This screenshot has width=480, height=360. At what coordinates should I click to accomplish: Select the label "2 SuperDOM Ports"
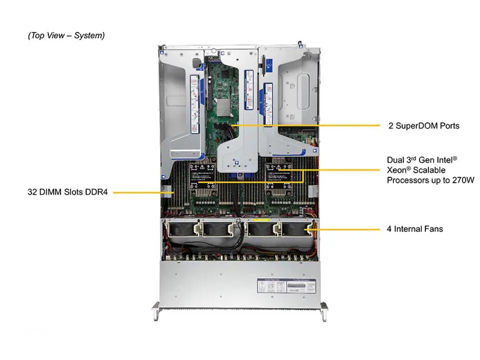(x=424, y=125)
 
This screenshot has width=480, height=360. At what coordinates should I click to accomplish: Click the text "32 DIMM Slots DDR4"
(x=68, y=191)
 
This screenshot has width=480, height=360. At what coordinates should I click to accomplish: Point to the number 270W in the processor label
(x=461, y=180)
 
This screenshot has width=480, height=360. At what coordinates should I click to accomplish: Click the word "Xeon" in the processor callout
(x=397, y=170)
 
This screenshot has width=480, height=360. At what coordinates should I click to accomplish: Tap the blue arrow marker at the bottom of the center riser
(x=237, y=161)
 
